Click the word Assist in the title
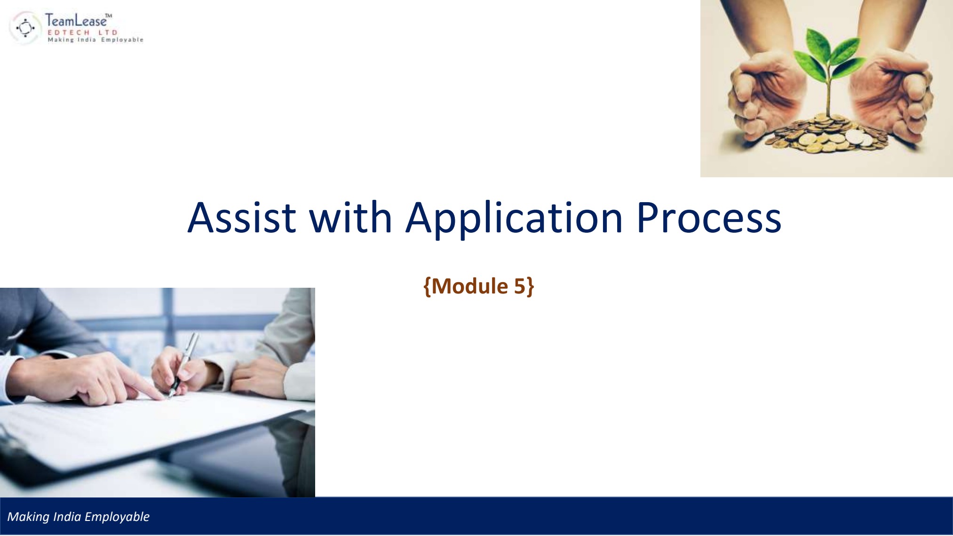tap(242, 218)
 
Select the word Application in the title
tap(514, 218)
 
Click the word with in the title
tap(350, 218)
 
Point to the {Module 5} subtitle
tap(478, 286)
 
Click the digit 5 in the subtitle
tap(519, 286)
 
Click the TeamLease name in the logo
tap(75, 21)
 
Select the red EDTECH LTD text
tap(82, 32)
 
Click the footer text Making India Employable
tap(78, 517)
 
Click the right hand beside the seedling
tap(894, 94)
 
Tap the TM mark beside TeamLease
tap(108, 16)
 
